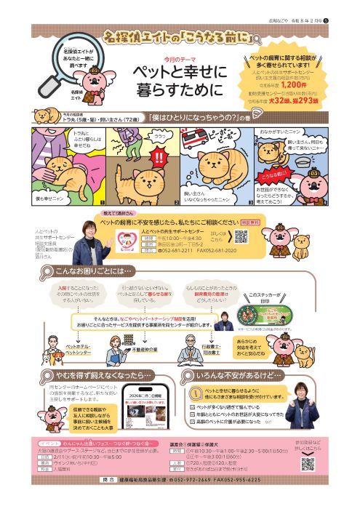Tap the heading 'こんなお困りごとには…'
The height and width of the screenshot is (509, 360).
95,270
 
